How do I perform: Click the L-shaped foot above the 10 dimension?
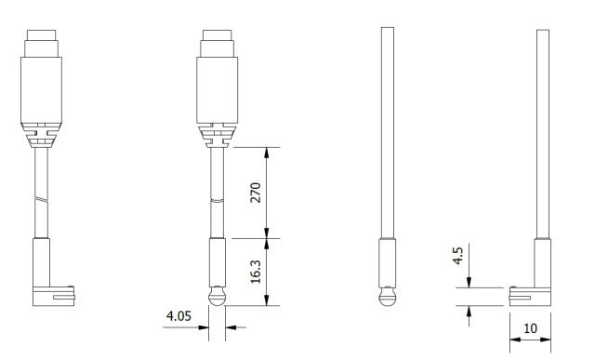point(530,296)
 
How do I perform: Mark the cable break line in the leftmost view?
point(41,201)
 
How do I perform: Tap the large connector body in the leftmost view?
point(41,90)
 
